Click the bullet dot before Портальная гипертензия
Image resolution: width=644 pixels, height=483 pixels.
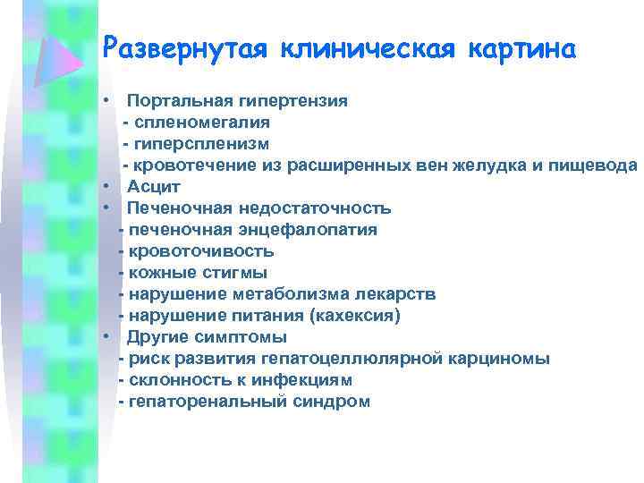tap(106, 101)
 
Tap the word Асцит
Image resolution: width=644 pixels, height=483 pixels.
tap(154, 187)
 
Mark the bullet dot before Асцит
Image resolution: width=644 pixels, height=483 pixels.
tap(106, 187)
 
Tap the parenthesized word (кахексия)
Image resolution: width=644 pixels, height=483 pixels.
tap(354, 316)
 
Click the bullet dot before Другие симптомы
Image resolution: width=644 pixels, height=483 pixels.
tap(106, 337)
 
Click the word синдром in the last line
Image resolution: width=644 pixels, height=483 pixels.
tap(331, 402)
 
